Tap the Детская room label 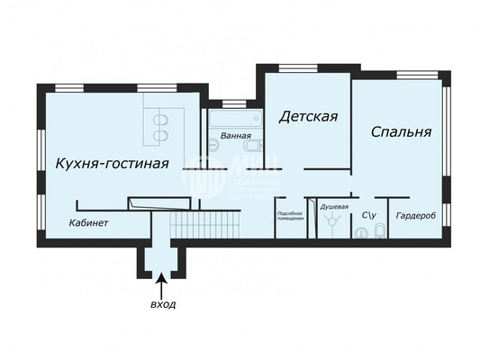click(307, 116)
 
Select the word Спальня click(401, 131)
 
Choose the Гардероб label click(415, 216)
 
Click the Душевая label click(334, 208)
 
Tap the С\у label click(368, 215)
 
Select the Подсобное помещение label click(289, 216)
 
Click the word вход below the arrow click(162, 305)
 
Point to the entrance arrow click(162, 286)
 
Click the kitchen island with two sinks click(164, 126)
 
